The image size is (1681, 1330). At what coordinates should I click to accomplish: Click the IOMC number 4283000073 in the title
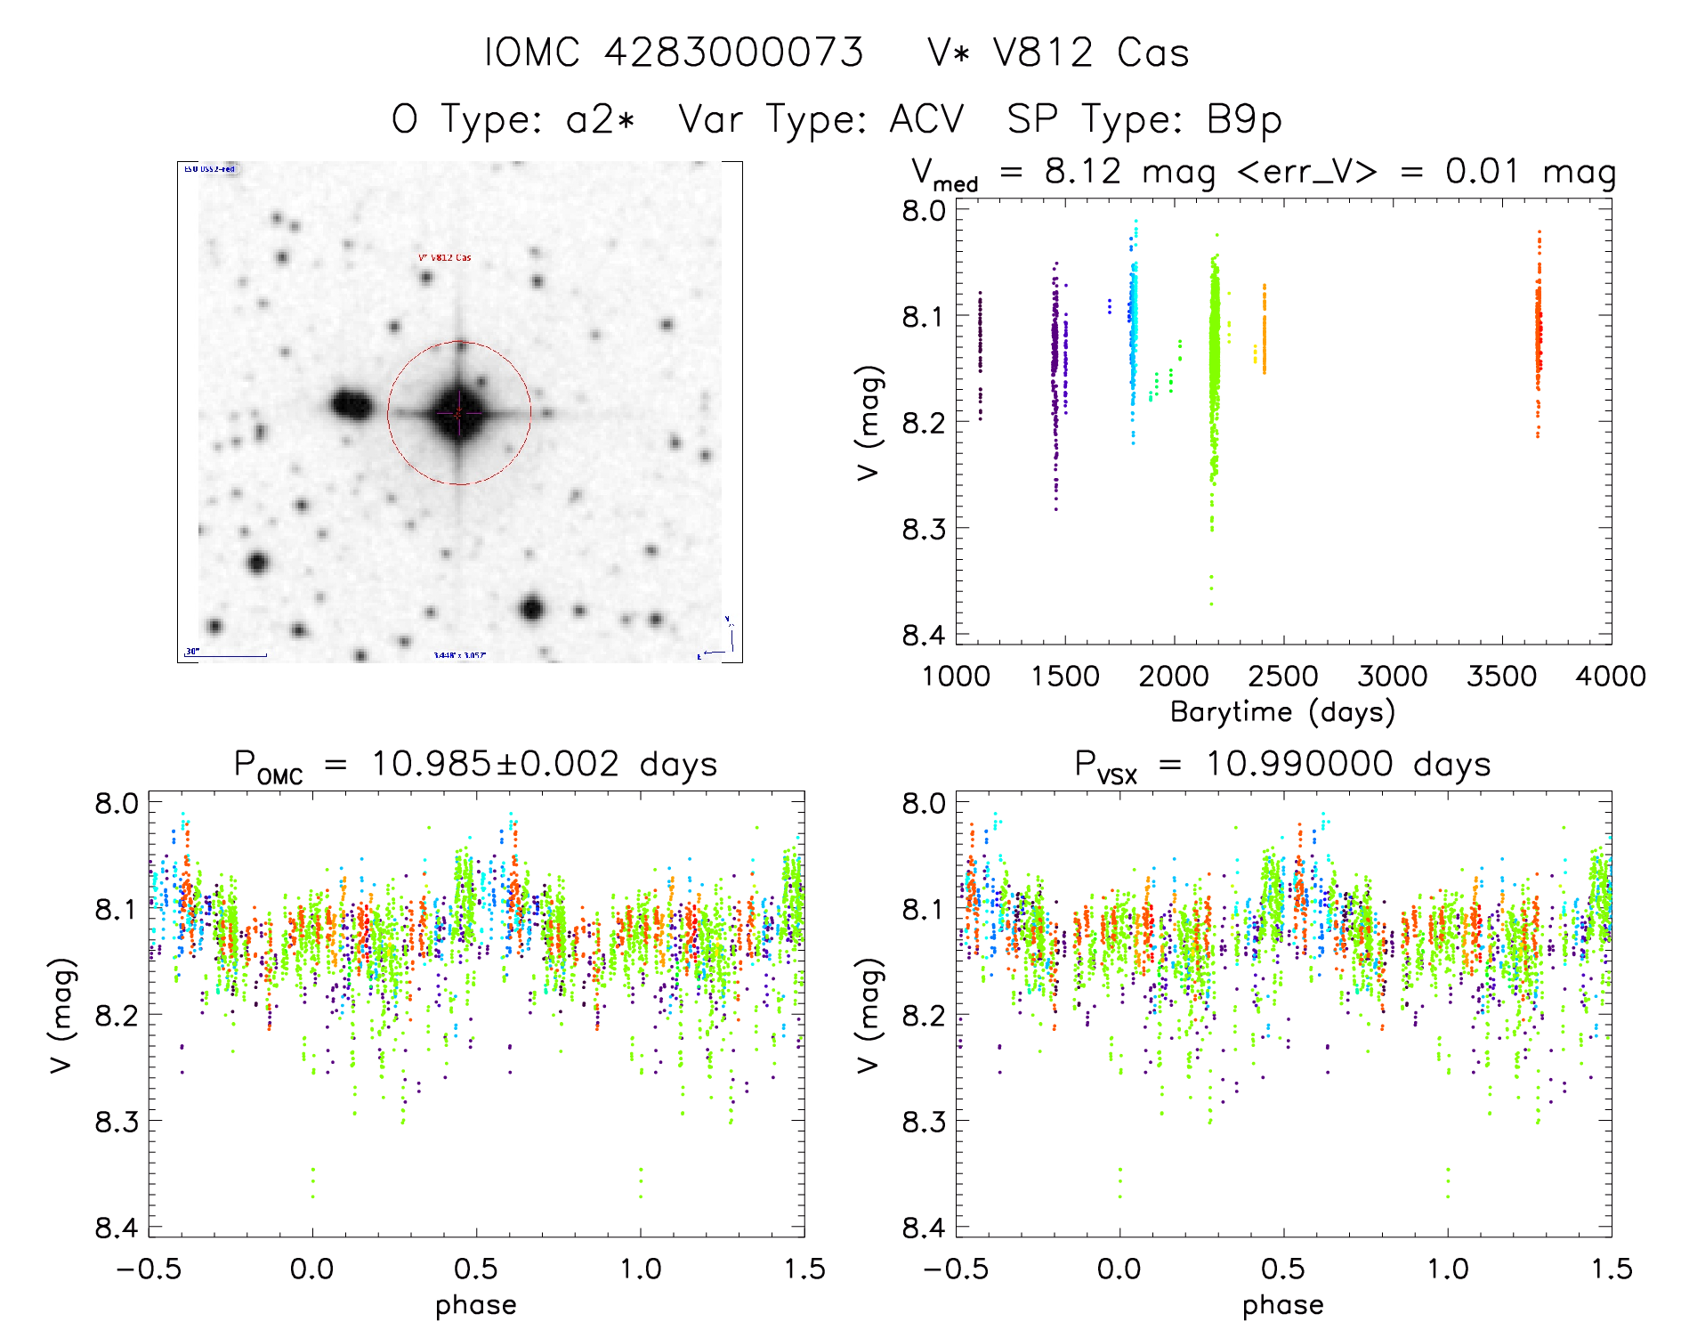[733, 53]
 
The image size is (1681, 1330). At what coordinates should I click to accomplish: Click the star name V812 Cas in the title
[1091, 53]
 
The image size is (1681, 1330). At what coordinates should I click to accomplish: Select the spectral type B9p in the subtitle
[1244, 119]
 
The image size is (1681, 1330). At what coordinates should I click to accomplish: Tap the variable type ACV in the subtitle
[926, 119]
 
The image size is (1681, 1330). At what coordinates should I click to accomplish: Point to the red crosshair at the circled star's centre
[459, 413]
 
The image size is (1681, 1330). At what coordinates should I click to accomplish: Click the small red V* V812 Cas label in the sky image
[445, 258]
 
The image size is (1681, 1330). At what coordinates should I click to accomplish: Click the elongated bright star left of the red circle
[352, 405]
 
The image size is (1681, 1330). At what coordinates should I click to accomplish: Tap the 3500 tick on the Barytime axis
[1501, 676]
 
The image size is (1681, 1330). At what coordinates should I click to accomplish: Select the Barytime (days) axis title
[1282, 711]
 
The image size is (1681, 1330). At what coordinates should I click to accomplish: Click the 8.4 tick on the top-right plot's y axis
[924, 635]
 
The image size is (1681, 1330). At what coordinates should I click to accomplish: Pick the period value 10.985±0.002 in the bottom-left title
[494, 764]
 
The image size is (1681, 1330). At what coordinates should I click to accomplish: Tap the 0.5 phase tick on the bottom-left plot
[476, 1269]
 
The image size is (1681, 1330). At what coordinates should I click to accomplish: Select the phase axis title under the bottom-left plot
[476, 1305]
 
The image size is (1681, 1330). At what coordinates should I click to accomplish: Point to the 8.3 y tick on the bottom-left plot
[117, 1121]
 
